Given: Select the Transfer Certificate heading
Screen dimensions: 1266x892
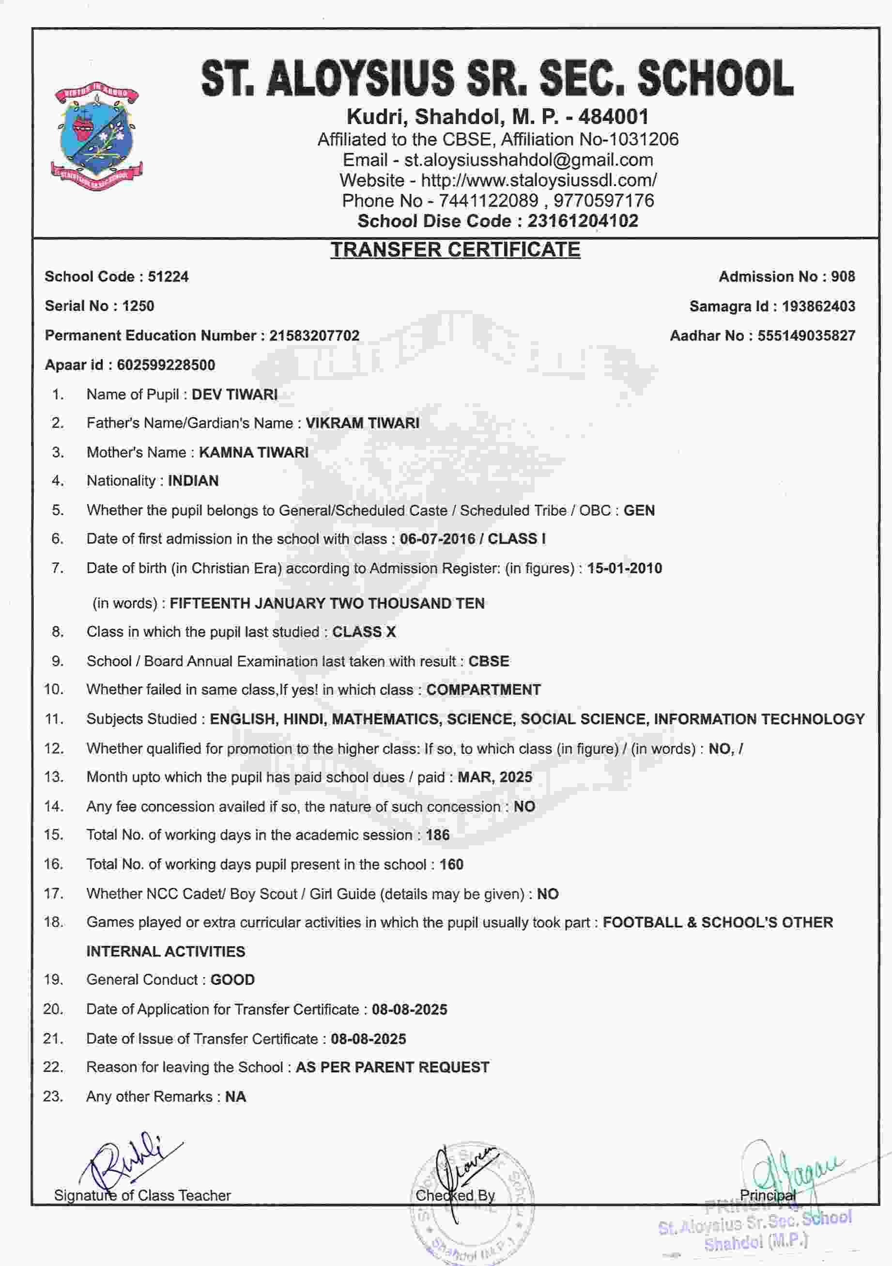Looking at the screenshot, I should pos(455,250).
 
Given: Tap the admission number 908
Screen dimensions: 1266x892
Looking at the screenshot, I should pos(843,277).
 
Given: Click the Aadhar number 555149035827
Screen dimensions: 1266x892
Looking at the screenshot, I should pos(806,336).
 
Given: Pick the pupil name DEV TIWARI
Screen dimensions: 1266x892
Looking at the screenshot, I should pos(234,395).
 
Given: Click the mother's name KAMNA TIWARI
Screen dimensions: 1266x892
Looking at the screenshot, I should pos(253,453).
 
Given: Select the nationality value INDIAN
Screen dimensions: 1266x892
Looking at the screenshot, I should pos(193,481).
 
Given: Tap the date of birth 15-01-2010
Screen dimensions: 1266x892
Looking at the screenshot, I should pos(624,569).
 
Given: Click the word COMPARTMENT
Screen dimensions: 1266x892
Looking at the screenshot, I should pos(483,690).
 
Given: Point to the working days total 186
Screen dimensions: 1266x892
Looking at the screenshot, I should pos(437,835).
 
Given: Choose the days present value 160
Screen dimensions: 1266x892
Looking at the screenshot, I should pos(451,865).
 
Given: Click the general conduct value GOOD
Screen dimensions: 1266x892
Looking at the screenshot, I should pos(232,980).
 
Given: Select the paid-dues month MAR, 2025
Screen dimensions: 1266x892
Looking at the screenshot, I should pos(495,777).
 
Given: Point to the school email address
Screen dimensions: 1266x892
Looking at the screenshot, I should pos(528,160).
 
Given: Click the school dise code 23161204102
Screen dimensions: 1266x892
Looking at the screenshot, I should pos(583,221).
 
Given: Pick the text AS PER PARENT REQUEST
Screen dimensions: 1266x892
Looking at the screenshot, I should pos(392,1067).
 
